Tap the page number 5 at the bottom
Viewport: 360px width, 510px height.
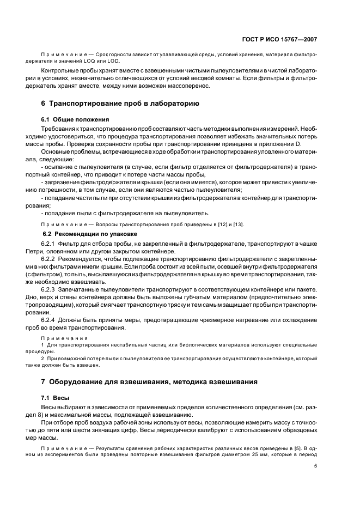[x=315, y=465]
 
